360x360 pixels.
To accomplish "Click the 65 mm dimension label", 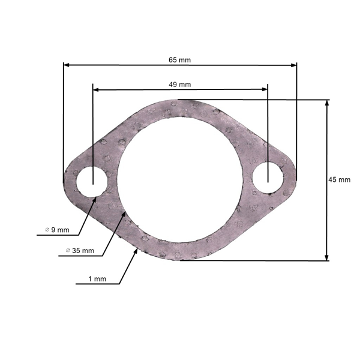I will [x=180, y=60].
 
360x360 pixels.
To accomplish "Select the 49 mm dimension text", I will [x=180, y=84].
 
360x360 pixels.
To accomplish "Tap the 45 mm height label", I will [x=340, y=179].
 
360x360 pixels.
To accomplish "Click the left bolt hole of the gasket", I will [x=92, y=181].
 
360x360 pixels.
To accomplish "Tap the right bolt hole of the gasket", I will [x=268, y=178].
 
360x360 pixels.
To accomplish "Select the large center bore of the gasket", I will [x=179, y=181].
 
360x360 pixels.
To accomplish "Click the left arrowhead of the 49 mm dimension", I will [x=95, y=89].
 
